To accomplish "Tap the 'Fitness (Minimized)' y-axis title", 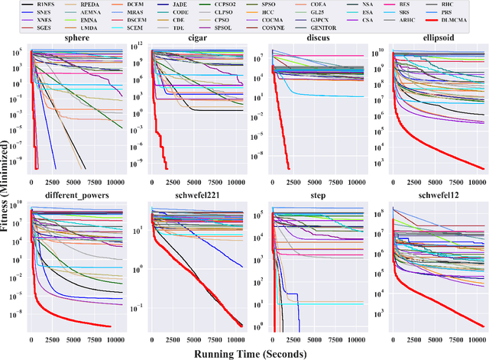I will pyautogui.click(x=8, y=191).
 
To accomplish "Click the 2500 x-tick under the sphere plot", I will pyautogui.click(x=56, y=183).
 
